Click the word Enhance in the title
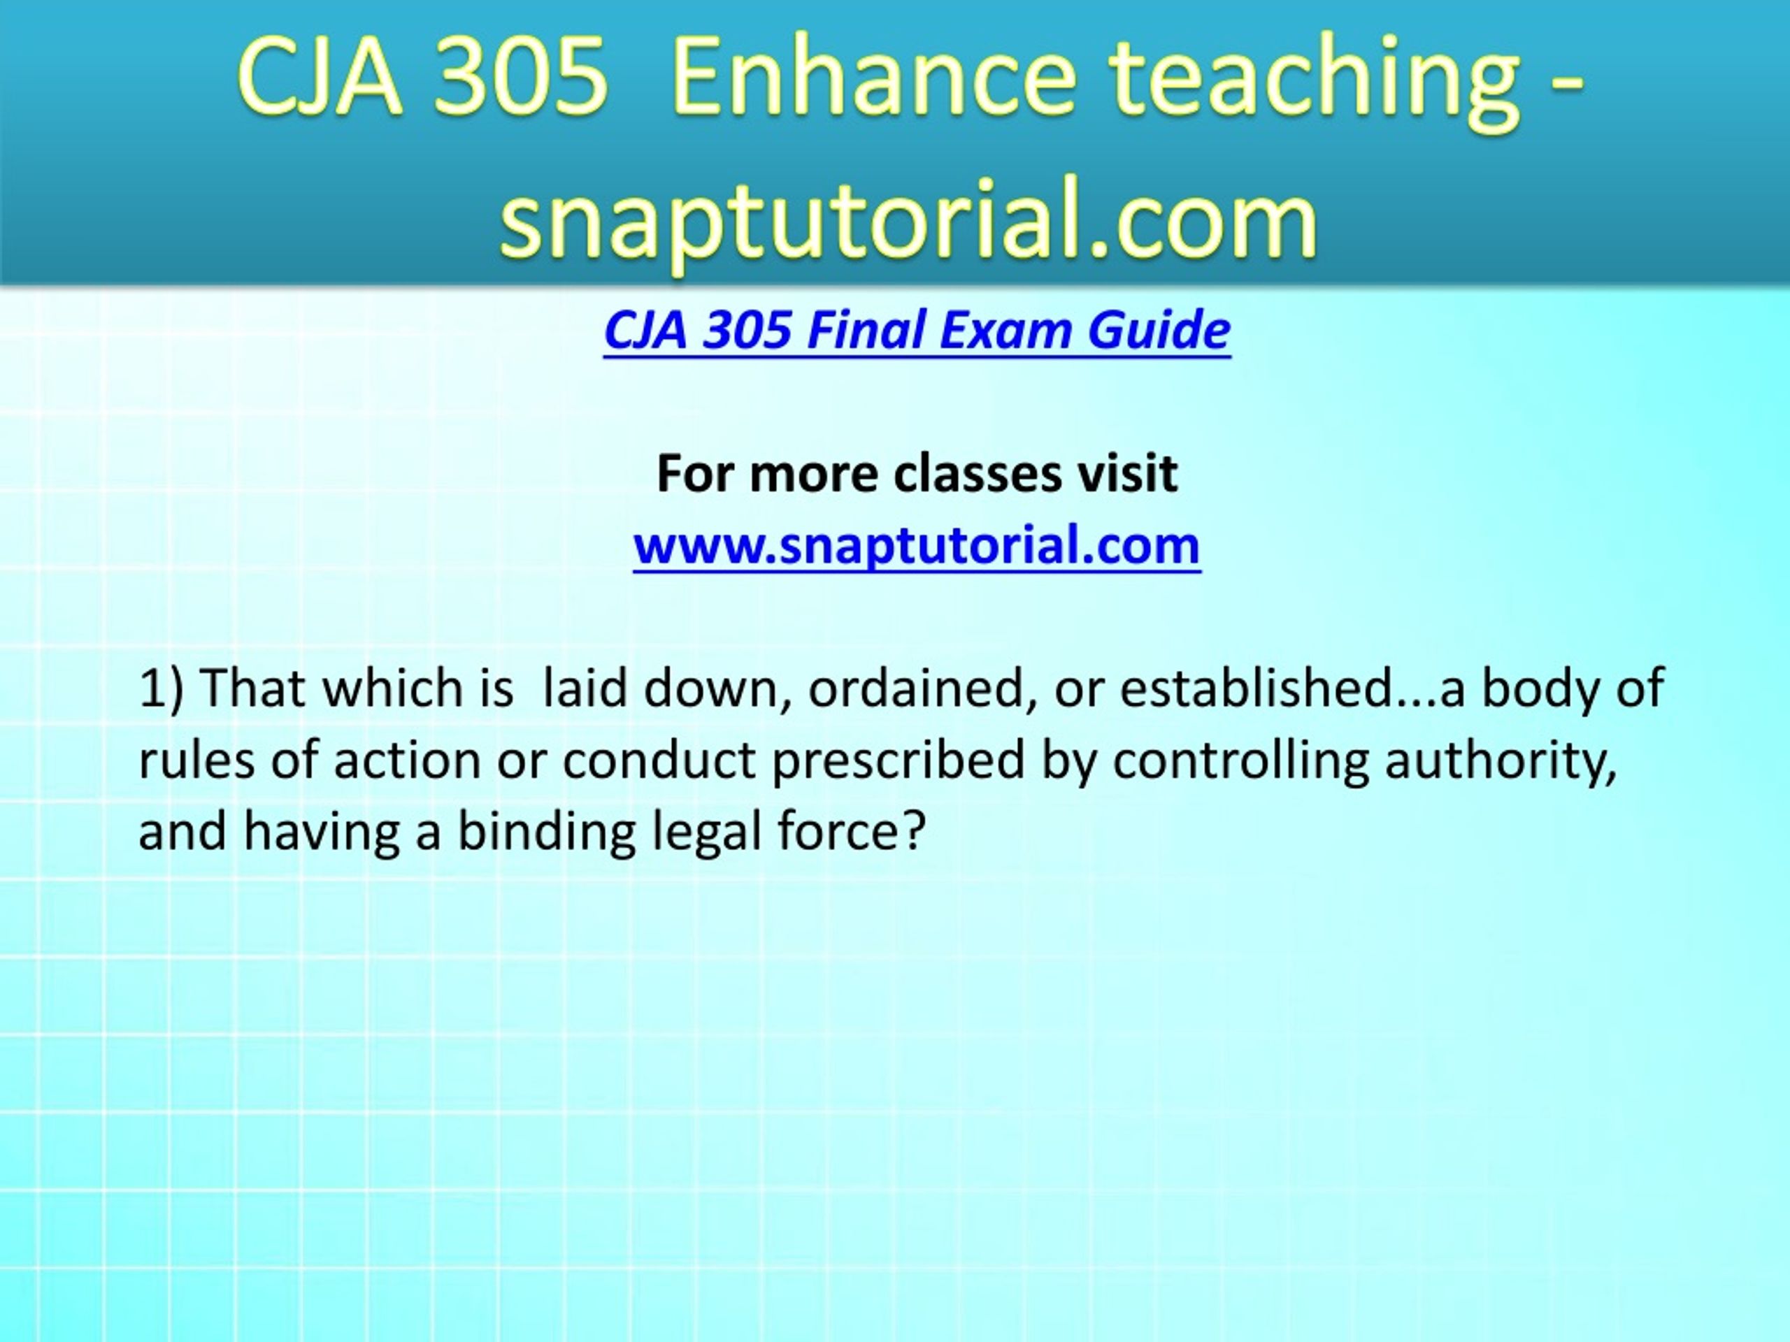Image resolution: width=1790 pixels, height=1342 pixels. (874, 77)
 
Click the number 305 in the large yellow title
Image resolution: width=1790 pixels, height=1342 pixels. (519, 77)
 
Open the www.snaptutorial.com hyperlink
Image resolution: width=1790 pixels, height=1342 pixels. (917, 545)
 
